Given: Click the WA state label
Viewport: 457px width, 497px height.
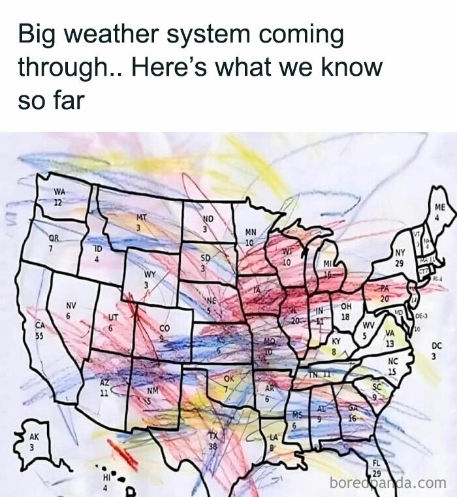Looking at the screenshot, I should click(x=59, y=191).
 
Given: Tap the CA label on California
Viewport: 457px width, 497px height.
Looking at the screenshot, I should click(x=39, y=325).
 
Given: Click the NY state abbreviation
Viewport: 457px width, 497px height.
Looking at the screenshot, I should click(x=400, y=252).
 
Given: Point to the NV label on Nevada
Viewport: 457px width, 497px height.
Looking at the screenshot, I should click(x=71, y=306).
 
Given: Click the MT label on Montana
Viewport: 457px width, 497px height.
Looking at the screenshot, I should click(x=142, y=216).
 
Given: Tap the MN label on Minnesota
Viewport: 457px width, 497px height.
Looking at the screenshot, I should click(x=250, y=232).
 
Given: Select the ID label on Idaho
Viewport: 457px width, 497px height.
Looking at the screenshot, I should click(x=98, y=249).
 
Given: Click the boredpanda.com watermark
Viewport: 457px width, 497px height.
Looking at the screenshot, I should click(x=389, y=483).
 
